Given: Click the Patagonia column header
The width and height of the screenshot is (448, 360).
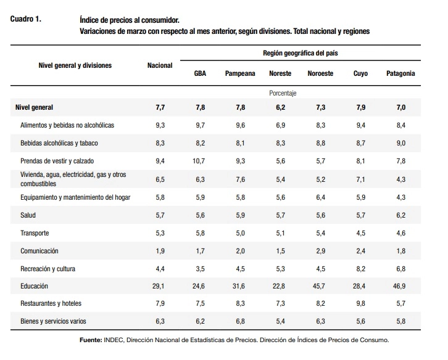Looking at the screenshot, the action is [400, 73].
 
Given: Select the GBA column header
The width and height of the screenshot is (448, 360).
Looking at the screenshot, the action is [200, 73].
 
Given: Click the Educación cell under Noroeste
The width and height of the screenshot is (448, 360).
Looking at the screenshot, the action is [319, 286].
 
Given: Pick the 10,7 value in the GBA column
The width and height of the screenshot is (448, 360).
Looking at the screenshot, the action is [199, 161].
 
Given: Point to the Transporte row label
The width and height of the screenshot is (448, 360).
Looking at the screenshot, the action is [35, 233].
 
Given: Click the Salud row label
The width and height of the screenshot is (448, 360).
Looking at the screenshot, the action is [28, 215].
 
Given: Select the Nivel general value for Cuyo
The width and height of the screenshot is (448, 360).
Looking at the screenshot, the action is [360, 107].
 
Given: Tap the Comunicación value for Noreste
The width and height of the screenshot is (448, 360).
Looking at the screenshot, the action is [280, 251].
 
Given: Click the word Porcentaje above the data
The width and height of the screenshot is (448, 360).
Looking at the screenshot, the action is [283, 93].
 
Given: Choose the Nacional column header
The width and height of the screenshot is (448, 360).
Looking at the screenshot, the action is [160, 65].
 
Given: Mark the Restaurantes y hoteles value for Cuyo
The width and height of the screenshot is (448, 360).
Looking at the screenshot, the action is [360, 303].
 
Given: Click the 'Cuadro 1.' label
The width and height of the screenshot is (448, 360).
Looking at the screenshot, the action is [26, 19].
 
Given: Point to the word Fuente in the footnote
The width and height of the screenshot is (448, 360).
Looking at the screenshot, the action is [91, 340].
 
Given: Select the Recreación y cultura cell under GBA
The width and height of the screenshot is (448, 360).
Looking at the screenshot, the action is [200, 269].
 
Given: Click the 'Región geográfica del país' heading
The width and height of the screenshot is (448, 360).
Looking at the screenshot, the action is [301, 53].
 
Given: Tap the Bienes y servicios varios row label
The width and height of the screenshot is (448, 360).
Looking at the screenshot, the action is [53, 321].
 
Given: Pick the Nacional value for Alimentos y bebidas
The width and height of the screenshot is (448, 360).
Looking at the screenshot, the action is [160, 125].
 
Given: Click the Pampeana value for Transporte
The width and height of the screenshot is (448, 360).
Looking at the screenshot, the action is [240, 233].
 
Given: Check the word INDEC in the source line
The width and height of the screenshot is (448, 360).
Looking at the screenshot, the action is [114, 340].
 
